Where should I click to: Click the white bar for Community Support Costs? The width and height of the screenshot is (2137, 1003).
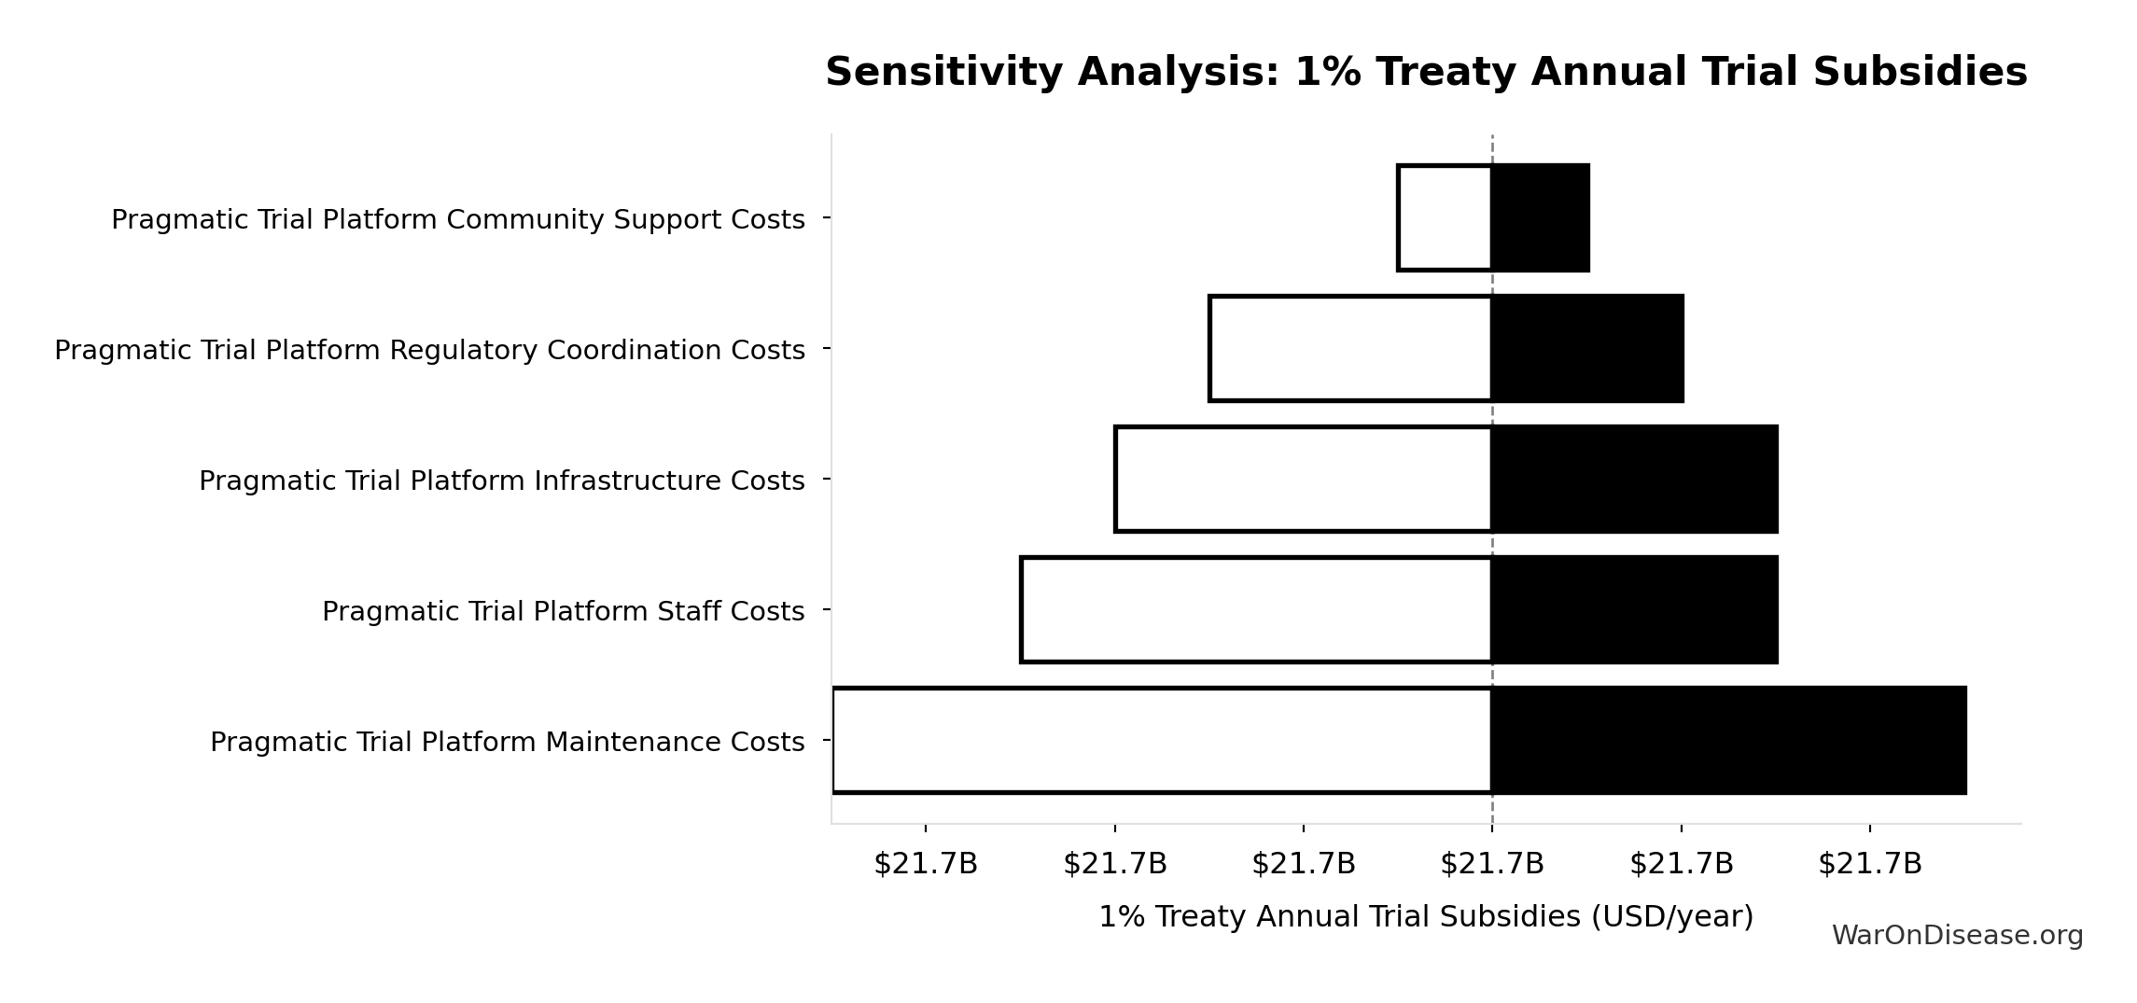point(1445,218)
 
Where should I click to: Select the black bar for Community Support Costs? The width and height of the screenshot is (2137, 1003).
point(1541,218)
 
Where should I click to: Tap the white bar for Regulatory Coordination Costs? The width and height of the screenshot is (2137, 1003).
point(1350,349)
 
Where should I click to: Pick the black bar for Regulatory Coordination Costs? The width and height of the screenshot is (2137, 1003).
point(1587,349)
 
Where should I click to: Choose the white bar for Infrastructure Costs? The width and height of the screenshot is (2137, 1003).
point(1304,480)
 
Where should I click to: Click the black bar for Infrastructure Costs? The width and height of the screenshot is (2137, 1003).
point(1635,480)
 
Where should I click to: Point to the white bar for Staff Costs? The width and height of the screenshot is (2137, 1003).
point(1256,610)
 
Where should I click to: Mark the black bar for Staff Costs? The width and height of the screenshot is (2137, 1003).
point(1635,610)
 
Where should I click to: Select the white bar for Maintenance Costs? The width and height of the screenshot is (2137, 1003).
point(1162,741)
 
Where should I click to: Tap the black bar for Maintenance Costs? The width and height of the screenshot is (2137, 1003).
point(1729,741)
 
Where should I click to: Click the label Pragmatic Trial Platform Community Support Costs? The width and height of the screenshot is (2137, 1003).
point(458,220)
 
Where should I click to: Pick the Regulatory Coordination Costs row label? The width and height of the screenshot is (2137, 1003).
point(429,351)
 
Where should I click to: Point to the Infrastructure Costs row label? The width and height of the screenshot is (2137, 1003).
point(502,481)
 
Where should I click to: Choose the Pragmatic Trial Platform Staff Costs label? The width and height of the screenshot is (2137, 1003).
point(564,612)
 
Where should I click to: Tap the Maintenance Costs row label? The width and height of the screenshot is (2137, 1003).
point(508,743)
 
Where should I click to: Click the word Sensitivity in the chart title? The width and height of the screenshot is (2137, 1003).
point(944,73)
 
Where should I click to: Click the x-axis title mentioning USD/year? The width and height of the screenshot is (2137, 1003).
point(1426,917)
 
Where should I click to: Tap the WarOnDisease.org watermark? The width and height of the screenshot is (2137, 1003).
point(1958,936)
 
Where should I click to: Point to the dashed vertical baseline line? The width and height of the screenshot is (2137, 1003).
point(1492,479)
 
